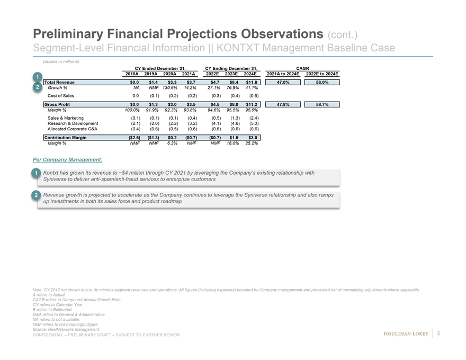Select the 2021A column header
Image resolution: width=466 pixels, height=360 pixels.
(x=190, y=74)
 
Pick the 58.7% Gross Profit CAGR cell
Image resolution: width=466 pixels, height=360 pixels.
(x=322, y=105)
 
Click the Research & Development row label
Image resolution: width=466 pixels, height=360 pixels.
(x=73, y=123)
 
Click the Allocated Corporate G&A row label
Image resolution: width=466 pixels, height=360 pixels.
(x=73, y=129)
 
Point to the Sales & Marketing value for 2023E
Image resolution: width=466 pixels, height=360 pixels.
(x=236, y=118)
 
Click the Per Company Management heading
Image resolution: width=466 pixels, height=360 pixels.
(x=68, y=159)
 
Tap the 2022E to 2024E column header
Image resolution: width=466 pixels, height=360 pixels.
(x=322, y=74)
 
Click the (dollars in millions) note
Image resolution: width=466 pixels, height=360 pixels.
(x=60, y=61)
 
